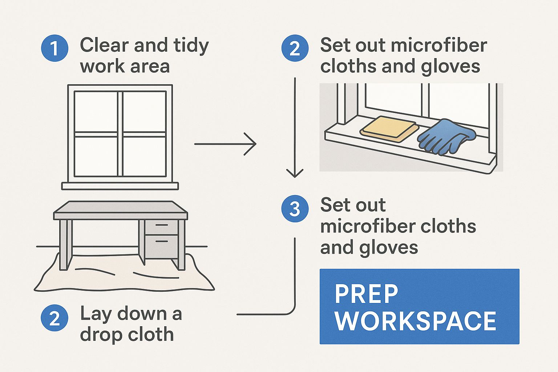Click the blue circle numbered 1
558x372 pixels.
pos(54,48)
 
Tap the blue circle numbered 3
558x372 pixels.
pos(295,209)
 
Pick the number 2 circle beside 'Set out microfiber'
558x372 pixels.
pos(295,48)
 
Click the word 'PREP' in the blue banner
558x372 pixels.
pos(366,294)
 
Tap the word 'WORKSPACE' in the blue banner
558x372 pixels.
pos(416,321)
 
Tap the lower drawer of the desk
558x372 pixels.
pos(161,245)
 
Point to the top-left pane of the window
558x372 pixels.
pos(96,112)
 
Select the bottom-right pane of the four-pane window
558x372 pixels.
pos(145,156)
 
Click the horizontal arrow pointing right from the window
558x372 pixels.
pos(225,144)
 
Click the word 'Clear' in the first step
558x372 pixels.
pos(104,45)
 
